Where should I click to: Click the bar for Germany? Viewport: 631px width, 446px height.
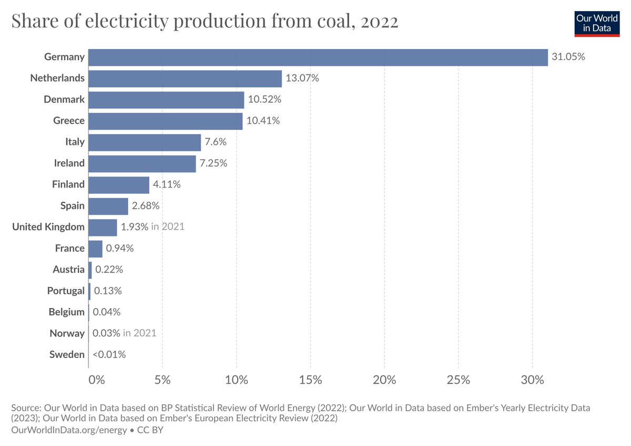point(318,57)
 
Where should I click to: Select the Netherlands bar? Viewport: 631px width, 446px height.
point(185,78)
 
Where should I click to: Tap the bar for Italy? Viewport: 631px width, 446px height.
point(145,142)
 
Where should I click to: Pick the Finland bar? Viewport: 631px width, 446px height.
point(119,184)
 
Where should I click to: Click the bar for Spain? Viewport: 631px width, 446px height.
point(108,206)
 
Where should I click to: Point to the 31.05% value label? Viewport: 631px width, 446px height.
point(568,57)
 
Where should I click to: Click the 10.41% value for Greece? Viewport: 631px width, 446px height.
point(263,121)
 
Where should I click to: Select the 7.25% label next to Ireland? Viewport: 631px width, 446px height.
point(213,163)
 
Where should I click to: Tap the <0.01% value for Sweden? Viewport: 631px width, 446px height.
point(109,354)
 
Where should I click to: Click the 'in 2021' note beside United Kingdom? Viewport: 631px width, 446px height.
point(168,227)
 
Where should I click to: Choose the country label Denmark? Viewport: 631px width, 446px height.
point(64,100)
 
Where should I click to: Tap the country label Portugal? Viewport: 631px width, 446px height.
point(66,291)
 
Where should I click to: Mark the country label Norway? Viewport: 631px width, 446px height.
point(67,333)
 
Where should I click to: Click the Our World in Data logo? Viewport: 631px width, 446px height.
point(597,23)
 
